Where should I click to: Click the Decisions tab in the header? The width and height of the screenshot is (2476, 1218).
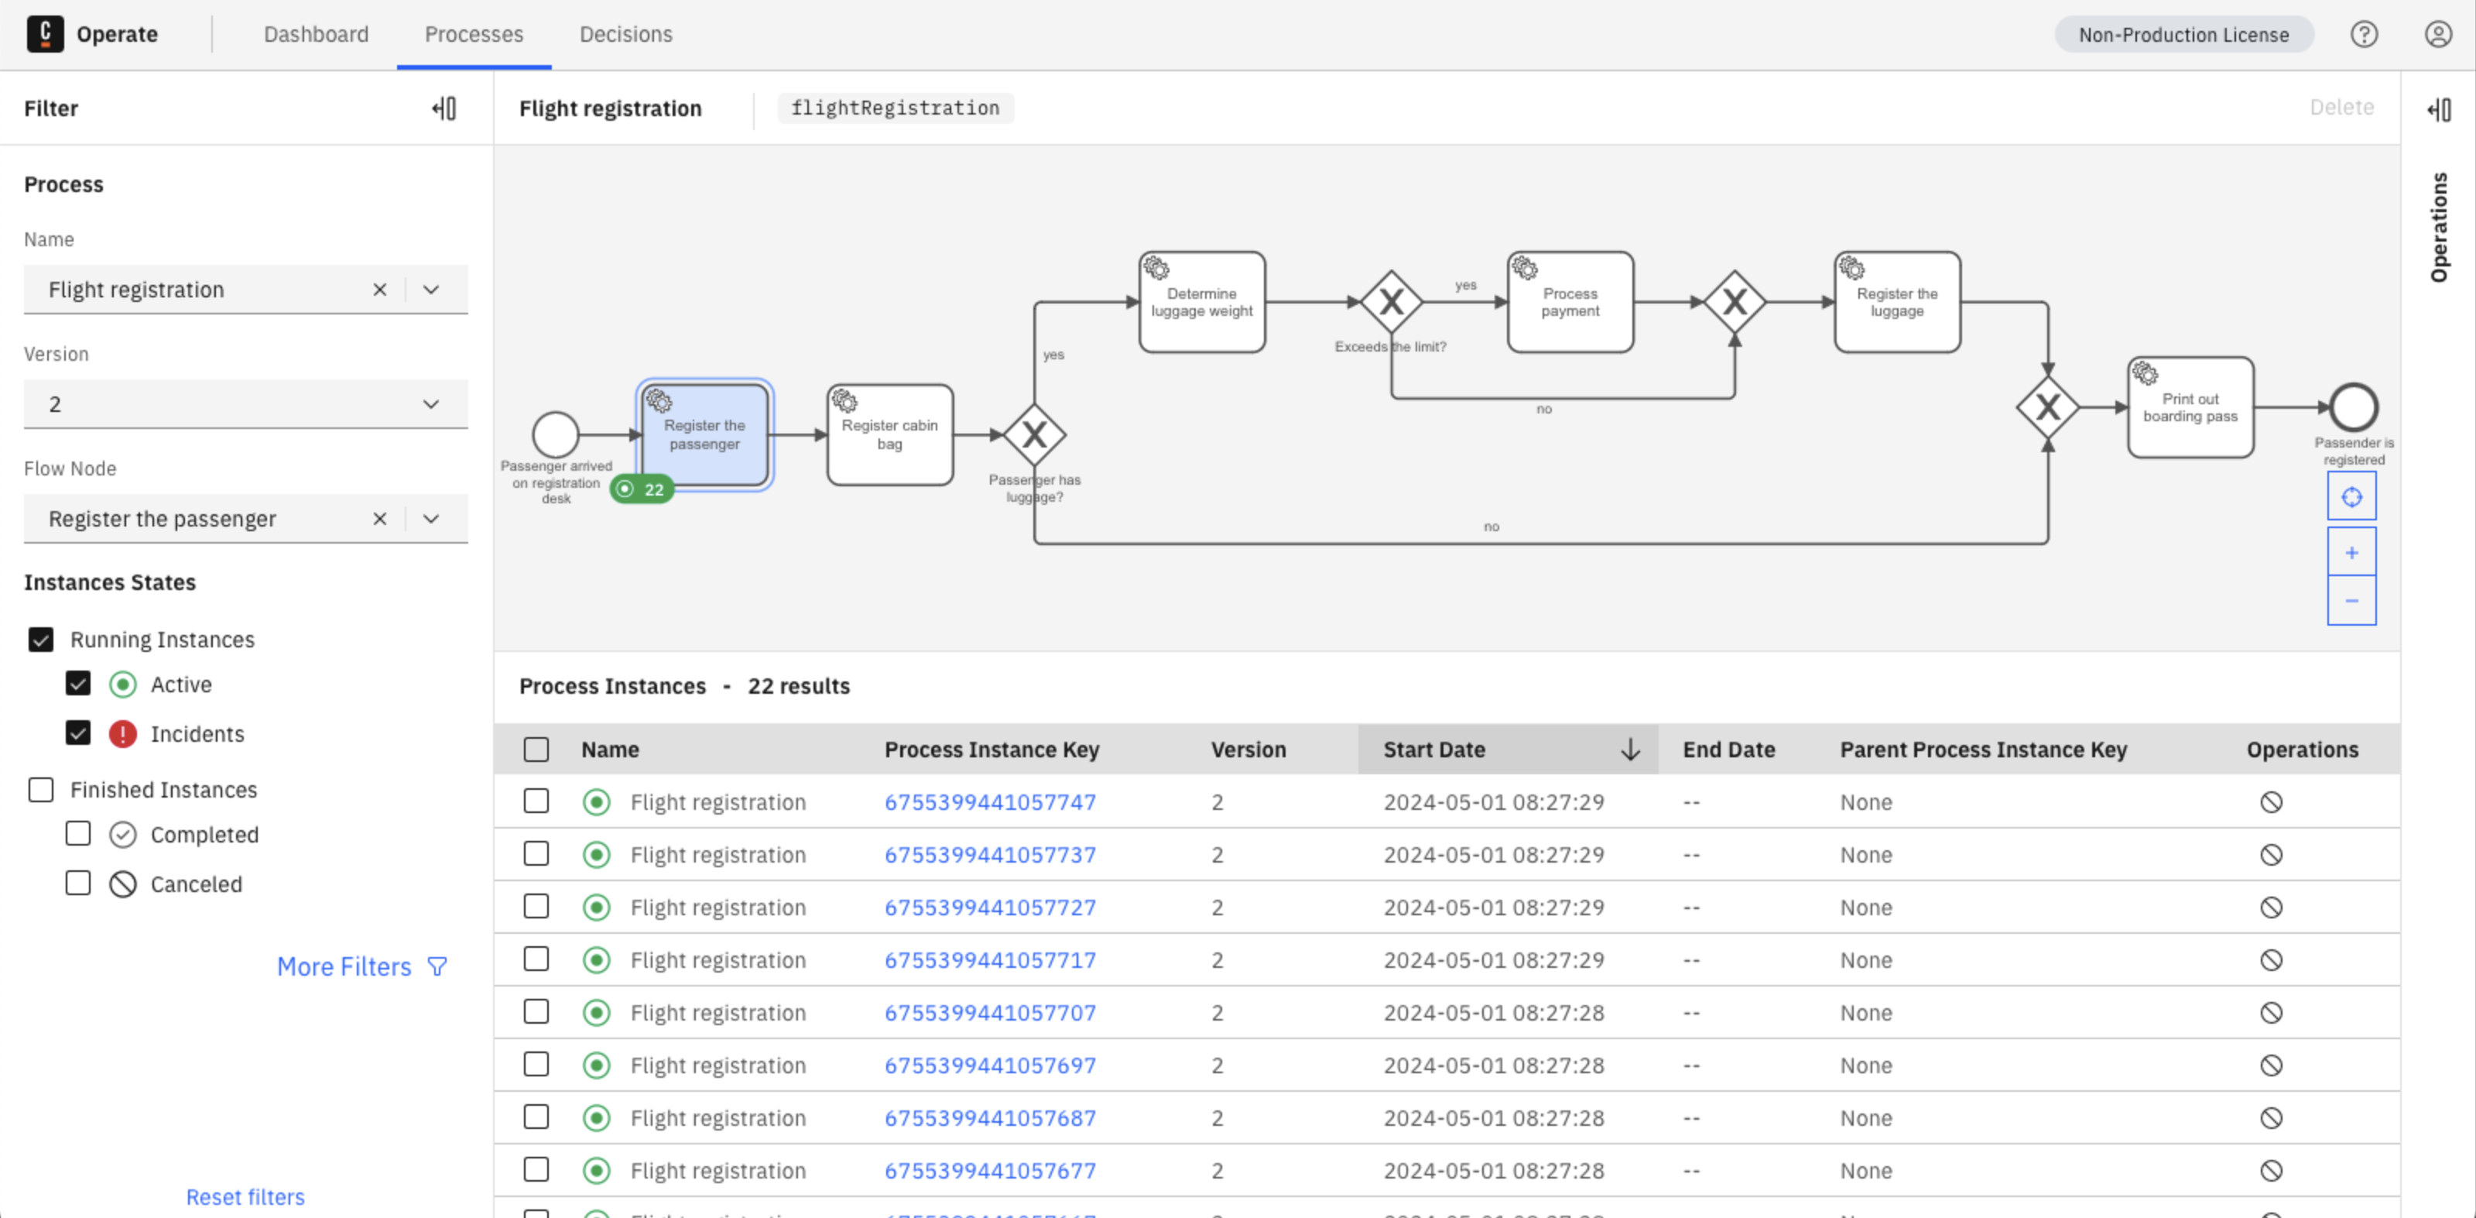[625, 35]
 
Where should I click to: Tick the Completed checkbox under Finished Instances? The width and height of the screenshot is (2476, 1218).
[78, 833]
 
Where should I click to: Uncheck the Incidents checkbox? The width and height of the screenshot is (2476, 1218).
[78, 733]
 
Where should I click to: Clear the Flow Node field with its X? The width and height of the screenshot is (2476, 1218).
[380, 519]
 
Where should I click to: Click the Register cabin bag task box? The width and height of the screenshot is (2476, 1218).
[890, 435]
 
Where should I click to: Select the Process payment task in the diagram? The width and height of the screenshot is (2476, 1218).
[1570, 303]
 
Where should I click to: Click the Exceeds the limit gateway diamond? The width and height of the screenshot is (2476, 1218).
[1391, 303]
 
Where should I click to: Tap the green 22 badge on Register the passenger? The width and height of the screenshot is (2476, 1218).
[642, 489]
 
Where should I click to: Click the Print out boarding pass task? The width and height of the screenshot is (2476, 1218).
[2190, 407]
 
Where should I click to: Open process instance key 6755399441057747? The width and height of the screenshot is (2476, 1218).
[990, 801]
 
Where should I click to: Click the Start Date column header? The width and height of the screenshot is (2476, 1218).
[1434, 750]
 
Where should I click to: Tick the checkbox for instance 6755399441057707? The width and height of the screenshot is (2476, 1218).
[536, 1011]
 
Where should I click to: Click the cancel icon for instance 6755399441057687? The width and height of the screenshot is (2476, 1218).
[2270, 1118]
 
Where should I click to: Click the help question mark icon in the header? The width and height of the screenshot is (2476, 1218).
[2364, 35]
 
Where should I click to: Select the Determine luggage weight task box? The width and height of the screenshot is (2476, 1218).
[1201, 303]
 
